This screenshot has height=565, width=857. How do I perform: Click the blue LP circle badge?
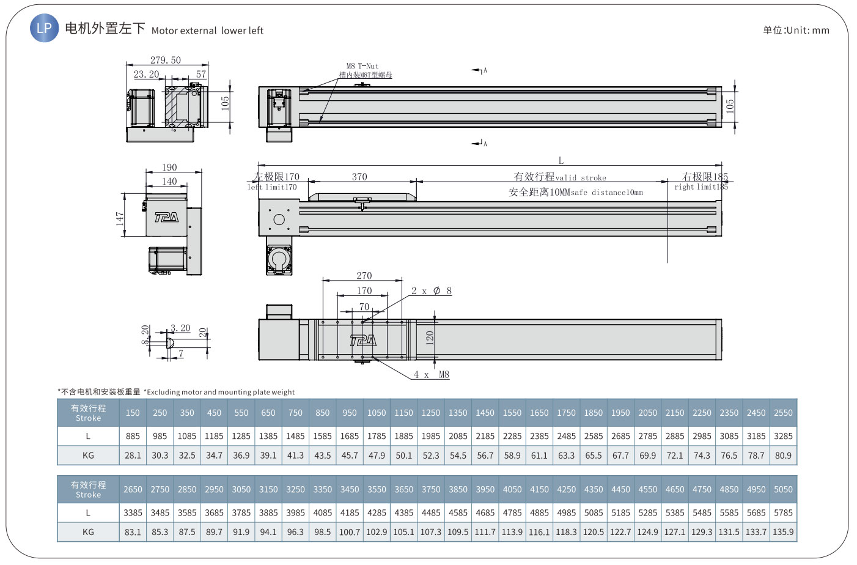click(45, 28)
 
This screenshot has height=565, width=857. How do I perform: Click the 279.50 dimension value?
click(165, 60)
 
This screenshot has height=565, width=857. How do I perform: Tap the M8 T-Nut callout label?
click(362, 66)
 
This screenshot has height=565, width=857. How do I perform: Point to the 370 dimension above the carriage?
click(359, 177)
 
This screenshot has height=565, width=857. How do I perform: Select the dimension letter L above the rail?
click(561, 160)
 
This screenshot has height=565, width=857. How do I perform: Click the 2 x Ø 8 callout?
click(432, 291)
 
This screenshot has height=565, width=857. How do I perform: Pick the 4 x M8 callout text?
click(432, 374)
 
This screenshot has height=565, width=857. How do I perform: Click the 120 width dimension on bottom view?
click(430, 338)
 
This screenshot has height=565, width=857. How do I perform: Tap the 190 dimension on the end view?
click(169, 168)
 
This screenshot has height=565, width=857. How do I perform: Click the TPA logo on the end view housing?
click(166, 218)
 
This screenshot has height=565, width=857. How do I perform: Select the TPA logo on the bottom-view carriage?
click(363, 341)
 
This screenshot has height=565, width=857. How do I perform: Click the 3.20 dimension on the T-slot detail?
click(180, 328)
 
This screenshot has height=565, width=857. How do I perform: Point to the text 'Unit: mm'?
click(807, 30)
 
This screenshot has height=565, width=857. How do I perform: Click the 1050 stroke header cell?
click(377, 413)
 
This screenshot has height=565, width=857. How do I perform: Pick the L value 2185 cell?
click(485, 436)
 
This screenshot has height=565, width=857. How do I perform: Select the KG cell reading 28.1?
click(133, 456)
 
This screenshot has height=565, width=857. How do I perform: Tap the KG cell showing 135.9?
click(783, 532)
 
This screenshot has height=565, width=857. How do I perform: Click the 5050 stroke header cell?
click(783, 489)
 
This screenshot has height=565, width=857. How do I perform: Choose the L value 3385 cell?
click(133, 512)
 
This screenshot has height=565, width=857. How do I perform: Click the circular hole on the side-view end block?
click(279, 220)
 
